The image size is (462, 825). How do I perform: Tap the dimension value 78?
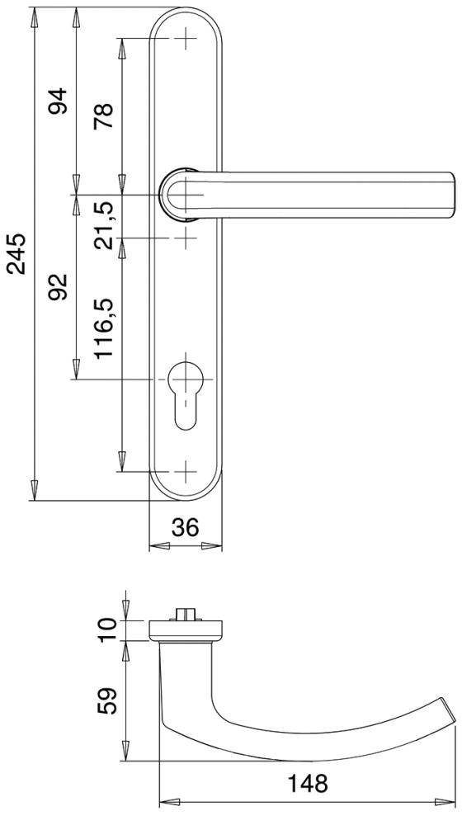(x=104, y=116)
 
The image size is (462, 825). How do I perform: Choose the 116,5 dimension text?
(x=104, y=328)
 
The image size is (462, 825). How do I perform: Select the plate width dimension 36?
(x=186, y=527)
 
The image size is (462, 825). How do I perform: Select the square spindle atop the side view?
(x=186, y=615)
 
